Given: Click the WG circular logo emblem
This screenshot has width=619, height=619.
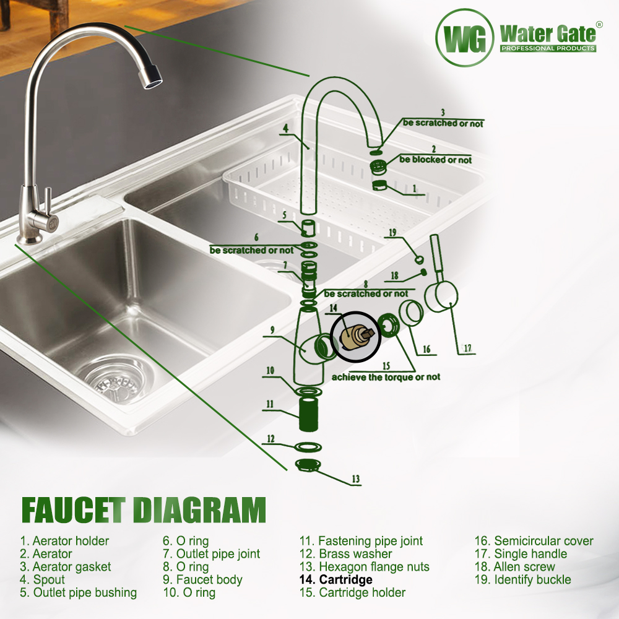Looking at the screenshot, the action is point(465,38).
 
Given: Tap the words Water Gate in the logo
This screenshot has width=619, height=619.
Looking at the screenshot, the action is point(548,34).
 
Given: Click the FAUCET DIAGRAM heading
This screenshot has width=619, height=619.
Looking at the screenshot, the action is point(144,510).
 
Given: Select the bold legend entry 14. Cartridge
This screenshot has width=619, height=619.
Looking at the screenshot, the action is point(336,579).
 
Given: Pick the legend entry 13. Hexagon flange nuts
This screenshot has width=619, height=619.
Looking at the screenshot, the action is point(365,567).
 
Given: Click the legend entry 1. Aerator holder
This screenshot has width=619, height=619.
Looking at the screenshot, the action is point(64,541).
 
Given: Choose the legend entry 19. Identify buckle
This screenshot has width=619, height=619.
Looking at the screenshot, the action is point(522,579).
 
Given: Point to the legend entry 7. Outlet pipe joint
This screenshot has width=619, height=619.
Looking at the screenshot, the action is point(212,554).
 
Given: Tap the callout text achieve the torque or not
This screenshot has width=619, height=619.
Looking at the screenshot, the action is point(386,377).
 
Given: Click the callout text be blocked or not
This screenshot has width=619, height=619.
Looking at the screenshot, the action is point(435,160).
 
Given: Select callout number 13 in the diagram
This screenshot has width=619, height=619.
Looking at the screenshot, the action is point(356,479).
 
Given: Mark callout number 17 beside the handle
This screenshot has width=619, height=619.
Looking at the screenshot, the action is point(467,348).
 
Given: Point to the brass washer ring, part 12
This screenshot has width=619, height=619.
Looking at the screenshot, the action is point(308,446).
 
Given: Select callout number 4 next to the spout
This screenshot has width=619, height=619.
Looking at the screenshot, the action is point(285,128).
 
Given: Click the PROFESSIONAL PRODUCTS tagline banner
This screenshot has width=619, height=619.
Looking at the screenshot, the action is point(548,48).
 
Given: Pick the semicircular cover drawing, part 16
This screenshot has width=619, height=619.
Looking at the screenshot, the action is point(411,313).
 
